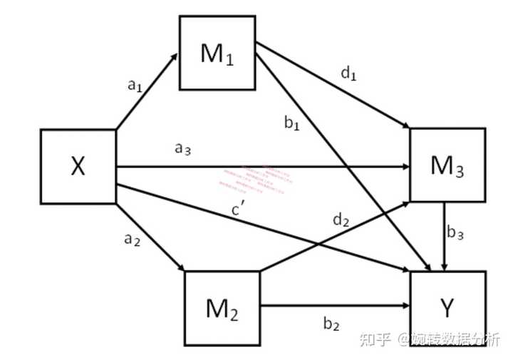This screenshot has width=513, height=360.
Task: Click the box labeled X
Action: [x=78, y=166]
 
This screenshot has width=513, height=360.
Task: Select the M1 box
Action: [x=217, y=54]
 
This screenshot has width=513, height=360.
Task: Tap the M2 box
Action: [x=222, y=307]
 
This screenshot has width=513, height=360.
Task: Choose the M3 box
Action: [x=447, y=165]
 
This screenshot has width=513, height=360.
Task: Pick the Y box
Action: [x=447, y=308]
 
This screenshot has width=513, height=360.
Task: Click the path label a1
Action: [x=135, y=86]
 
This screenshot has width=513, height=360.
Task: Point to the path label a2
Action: [x=132, y=240]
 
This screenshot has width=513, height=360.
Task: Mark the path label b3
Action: [x=456, y=232]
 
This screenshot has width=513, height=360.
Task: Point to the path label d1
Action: [x=348, y=74]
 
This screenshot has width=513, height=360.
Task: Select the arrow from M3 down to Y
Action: [x=445, y=235]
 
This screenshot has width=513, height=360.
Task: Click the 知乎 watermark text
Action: [x=373, y=338]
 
